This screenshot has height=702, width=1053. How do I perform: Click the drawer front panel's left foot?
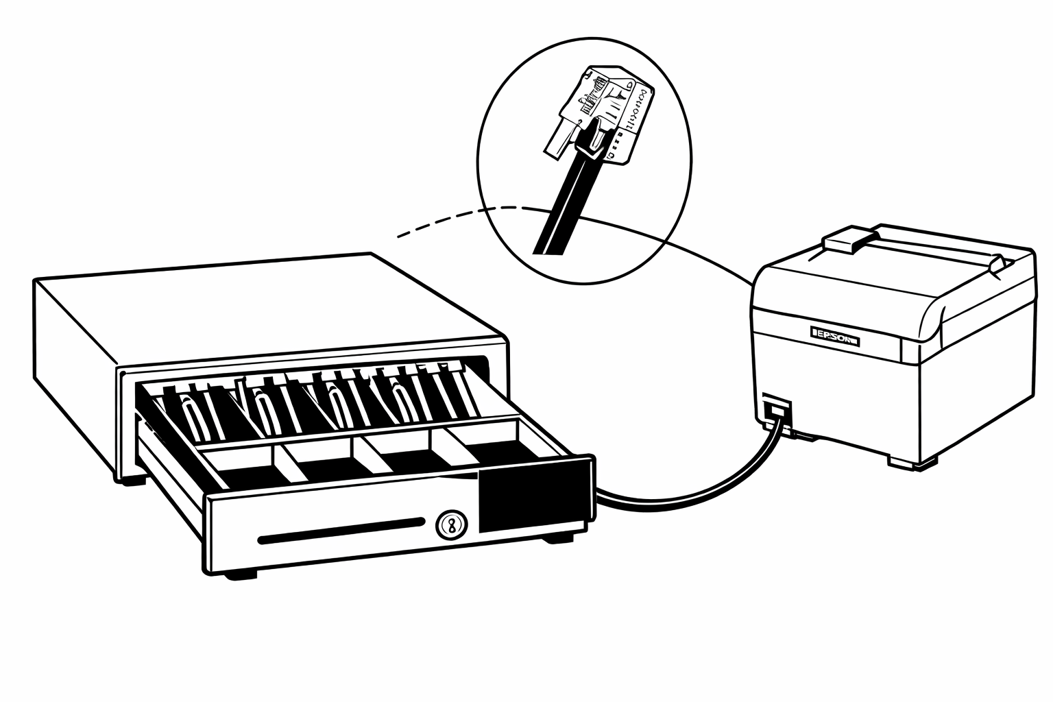(243, 572)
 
